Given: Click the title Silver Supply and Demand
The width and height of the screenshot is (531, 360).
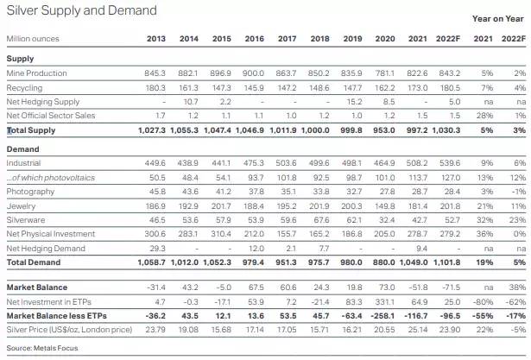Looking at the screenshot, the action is click(x=82, y=10).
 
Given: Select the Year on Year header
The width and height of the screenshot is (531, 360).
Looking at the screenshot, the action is click(x=498, y=19).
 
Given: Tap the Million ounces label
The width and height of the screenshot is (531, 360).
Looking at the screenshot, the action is click(x=33, y=39).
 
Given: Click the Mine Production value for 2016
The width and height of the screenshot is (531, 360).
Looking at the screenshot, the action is click(x=253, y=73).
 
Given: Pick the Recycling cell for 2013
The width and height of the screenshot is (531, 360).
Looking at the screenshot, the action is click(x=155, y=88).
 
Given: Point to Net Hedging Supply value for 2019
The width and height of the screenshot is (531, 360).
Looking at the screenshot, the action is click(x=355, y=102).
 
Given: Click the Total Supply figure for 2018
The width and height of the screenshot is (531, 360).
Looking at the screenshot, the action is click(x=315, y=130).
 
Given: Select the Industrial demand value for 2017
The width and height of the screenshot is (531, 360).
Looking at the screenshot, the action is click(x=286, y=163).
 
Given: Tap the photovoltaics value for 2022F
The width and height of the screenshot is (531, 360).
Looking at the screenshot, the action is click(x=450, y=178).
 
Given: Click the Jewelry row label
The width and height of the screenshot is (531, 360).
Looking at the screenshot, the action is click(x=21, y=206).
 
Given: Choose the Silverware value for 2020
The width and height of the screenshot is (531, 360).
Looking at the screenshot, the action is click(x=387, y=220).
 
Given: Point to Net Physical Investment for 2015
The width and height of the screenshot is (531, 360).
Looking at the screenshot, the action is click(x=221, y=234).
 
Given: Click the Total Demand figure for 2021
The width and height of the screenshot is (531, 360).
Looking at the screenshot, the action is click(x=414, y=262).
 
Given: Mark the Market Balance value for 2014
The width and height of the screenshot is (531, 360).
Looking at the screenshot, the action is click(x=190, y=287).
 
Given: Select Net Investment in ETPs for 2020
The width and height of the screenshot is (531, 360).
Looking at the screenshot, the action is click(x=385, y=302).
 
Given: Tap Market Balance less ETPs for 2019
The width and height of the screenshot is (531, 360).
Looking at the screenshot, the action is click(x=351, y=316).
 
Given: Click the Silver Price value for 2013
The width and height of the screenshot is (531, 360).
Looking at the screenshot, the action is click(x=155, y=330).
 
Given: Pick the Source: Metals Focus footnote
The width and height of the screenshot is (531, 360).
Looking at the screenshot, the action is click(x=42, y=348).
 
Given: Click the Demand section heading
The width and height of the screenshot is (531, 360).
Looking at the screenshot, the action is click(x=23, y=149).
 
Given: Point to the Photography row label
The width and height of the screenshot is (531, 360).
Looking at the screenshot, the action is click(x=30, y=192).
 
